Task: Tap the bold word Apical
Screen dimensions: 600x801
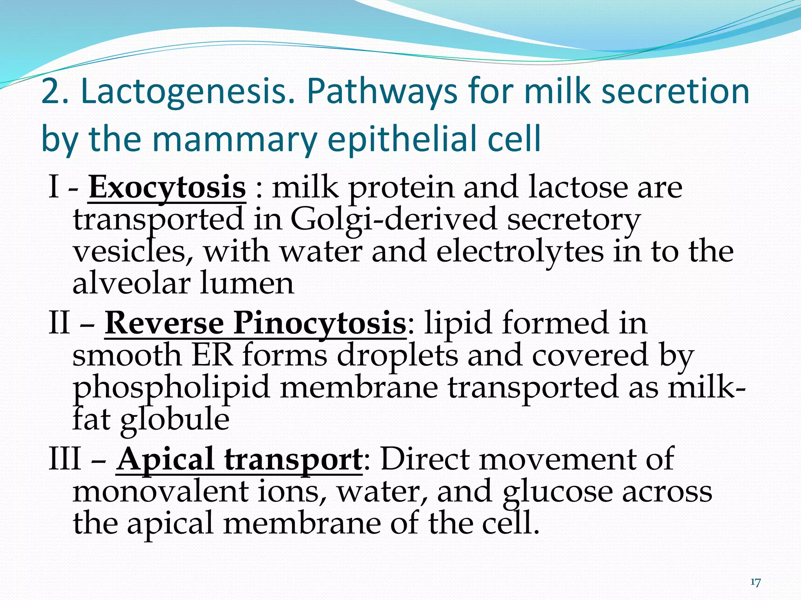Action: click(x=165, y=459)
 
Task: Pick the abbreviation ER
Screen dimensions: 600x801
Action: click(x=212, y=355)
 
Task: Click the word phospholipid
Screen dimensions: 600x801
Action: click(x=171, y=387)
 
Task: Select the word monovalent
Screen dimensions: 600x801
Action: click(x=160, y=491)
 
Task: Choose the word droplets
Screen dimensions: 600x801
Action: click(x=397, y=355)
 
